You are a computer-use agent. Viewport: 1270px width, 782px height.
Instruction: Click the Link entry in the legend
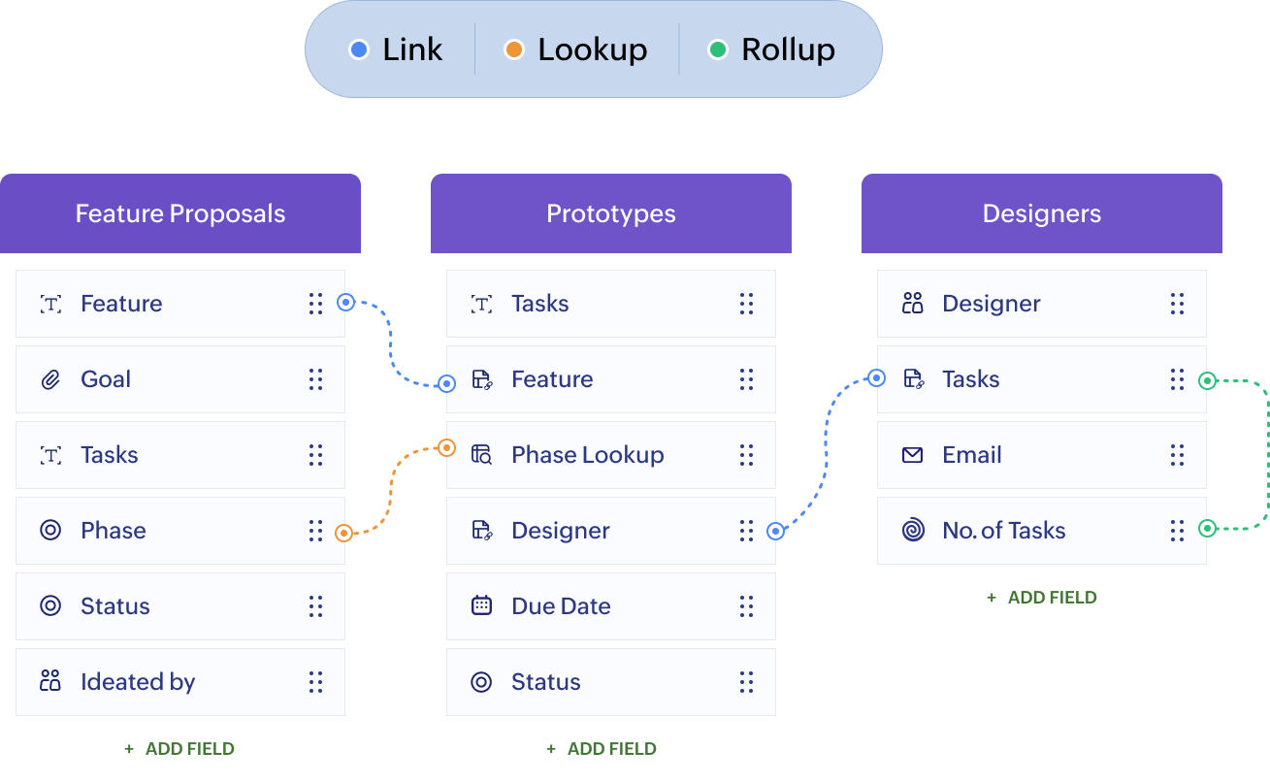396,49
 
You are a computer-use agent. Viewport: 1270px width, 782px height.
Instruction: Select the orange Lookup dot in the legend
514,49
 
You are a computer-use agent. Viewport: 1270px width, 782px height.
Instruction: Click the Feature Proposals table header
180,214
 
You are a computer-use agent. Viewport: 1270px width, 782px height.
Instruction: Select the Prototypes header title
611,214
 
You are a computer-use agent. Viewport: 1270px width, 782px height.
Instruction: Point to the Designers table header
1041,214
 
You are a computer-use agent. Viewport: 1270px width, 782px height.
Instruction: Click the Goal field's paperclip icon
50,379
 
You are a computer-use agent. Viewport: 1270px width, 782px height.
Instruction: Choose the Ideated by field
138,682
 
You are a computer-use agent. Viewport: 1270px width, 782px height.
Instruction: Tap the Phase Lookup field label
587,455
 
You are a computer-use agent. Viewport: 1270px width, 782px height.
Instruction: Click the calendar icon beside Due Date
481,606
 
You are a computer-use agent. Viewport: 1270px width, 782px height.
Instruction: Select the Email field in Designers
971,455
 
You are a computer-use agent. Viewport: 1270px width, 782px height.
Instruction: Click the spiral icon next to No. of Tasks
912,531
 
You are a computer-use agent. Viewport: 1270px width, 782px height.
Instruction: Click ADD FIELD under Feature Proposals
179,749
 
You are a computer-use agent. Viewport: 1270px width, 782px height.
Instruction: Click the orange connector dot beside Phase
343,533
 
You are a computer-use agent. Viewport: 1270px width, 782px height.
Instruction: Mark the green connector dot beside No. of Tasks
1207,529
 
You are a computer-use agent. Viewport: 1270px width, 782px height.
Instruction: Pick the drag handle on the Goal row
315,379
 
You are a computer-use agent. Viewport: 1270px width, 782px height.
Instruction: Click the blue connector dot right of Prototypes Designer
775,531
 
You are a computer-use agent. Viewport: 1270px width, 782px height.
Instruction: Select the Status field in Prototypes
545,682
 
